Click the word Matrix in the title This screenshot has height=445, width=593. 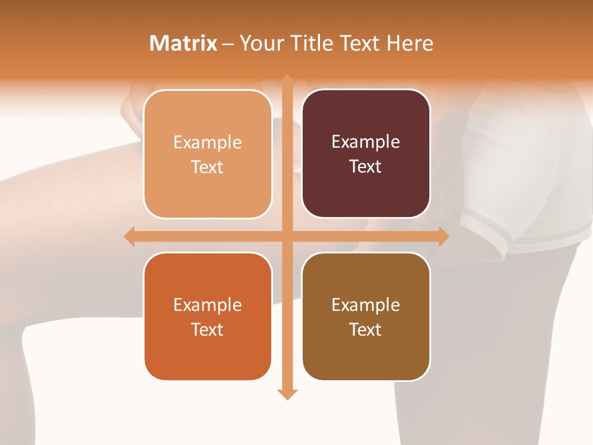click(183, 43)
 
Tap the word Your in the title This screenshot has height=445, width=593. click(261, 43)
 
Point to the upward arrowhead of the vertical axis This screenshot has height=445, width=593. click(287, 80)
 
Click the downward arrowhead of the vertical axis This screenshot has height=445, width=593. click(287, 394)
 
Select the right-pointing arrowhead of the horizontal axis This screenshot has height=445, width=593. click(444, 236)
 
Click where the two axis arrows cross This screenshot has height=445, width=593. click(287, 236)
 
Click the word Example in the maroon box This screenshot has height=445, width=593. click(366, 142)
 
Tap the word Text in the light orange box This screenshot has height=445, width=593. click(207, 167)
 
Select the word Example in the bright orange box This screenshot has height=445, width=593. click(208, 305)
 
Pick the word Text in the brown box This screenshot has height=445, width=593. click(365, 329)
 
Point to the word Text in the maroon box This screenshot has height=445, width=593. click(365, 166)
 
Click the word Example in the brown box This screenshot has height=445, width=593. click(366, 305)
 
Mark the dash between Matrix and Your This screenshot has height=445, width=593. click(228, 44)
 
